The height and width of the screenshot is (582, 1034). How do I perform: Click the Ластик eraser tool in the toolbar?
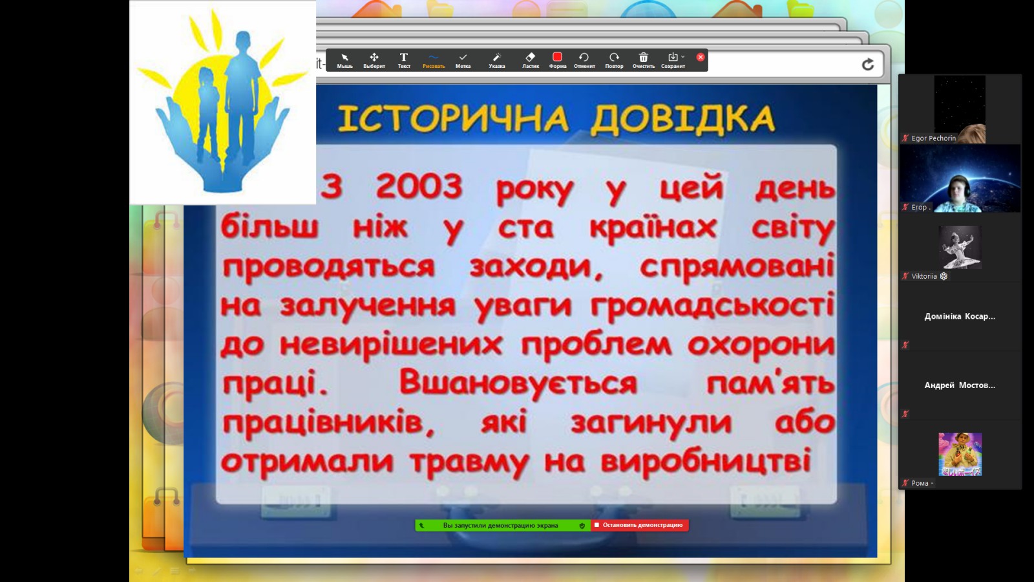click(531, 60)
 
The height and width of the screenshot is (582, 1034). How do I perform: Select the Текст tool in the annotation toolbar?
click(404, 60)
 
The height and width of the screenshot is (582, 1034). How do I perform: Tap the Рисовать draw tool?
click(434, 60)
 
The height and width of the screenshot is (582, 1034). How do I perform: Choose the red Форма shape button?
click(557, 60)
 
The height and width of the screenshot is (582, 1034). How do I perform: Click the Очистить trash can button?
click(644, 60)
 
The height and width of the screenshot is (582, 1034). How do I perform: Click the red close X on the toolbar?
click(701, 57)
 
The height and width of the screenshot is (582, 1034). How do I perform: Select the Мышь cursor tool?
click(344, 60)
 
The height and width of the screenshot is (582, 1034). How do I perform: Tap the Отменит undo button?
click(584, 60)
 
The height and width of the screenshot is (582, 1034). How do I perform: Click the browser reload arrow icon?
click(868, 65)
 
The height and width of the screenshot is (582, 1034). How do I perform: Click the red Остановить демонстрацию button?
click(639, 525)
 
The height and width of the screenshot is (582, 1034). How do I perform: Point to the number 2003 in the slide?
click(419, 187)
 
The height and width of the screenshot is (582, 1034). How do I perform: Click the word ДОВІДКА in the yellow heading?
click(683, 119)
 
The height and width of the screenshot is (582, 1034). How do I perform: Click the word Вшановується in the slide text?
click(518, 382)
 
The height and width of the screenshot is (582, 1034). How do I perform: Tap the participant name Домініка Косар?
click(960, 316)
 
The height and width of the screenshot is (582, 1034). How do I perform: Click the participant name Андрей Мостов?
click(960, 385)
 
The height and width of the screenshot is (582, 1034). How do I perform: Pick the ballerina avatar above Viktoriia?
click(960, 248)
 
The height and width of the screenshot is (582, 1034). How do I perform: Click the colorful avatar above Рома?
click(960, 455)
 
